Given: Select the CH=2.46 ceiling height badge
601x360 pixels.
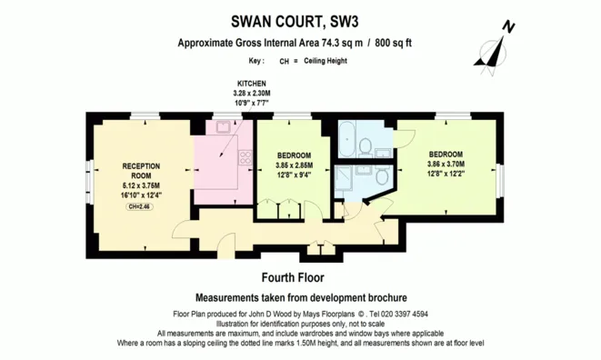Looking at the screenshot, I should point(141,206).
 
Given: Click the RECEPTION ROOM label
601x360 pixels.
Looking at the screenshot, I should point(141,170).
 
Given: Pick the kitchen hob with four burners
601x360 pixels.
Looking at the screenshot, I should point(244,158).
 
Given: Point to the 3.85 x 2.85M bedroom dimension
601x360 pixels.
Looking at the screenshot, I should point(294,166).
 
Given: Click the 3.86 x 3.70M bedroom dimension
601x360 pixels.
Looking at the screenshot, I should point(446,165).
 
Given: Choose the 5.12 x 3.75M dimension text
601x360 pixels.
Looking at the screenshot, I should point(141,185).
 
